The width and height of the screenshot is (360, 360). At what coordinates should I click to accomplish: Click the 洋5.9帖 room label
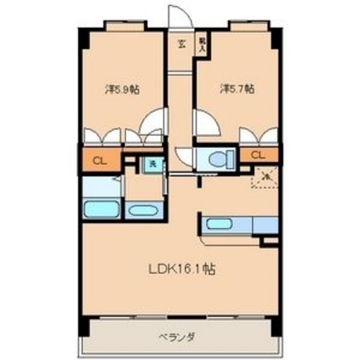[122, 89]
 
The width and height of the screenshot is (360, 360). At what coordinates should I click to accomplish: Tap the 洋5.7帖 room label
[237, 89]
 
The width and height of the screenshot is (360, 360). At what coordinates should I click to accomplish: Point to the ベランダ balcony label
[178, 337]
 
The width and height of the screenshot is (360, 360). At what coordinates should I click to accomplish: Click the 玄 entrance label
[181, 43]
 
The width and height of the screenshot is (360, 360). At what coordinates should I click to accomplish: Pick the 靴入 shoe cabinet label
[202, 43]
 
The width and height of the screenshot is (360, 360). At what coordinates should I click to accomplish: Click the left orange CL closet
[99, 159]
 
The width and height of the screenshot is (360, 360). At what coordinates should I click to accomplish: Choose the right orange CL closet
[258, 155]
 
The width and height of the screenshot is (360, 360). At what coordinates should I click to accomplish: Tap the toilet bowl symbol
[219, 159]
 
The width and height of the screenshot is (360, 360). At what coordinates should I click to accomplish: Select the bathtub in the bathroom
[100, 208]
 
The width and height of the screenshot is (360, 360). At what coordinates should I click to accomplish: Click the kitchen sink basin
[220, 223]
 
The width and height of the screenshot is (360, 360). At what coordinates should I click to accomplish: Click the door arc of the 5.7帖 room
[205, 121]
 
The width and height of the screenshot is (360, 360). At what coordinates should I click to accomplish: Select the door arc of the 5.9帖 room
[156, 120]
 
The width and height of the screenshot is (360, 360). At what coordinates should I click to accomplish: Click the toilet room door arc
[184, 156]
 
